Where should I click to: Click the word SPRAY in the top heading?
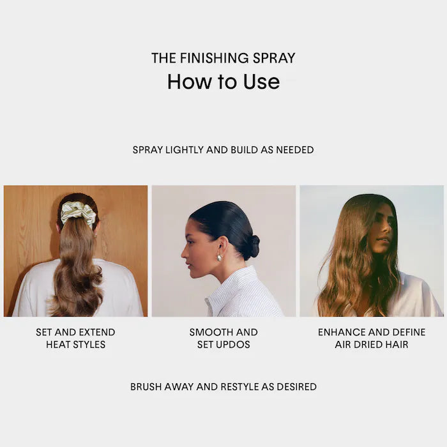click(270, 58)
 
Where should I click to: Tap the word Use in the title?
click(261, 82)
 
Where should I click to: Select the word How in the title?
click(190, 82)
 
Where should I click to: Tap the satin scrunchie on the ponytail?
click(79, 213)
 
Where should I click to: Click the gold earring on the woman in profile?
click(220, 257)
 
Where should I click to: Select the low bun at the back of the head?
click(252, 246)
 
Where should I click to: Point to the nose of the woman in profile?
click(184, 253)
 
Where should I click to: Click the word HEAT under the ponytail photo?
click(57, 345)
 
